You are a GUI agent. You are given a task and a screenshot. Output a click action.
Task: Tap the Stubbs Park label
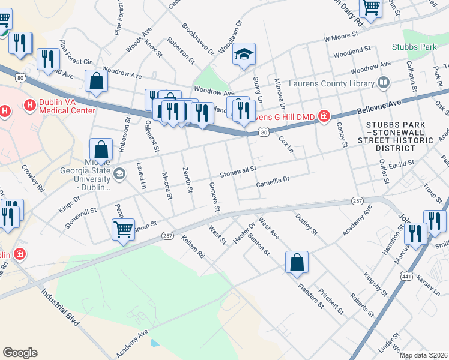tap(415, 46)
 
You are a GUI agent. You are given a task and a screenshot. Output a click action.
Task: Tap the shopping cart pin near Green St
tap(123, 229)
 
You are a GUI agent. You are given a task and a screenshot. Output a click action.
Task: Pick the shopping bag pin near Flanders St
tap(297, 262)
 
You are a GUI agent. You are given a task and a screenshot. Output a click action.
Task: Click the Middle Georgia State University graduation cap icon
tap(119, 174)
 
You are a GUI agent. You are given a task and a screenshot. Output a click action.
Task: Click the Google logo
tap(20, 353)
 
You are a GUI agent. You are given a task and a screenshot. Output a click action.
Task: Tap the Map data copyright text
tap(423, 355)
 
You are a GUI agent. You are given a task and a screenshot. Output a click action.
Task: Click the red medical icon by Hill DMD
tap(324, 115)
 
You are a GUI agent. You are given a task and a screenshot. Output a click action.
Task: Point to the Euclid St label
tap(402, 163)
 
